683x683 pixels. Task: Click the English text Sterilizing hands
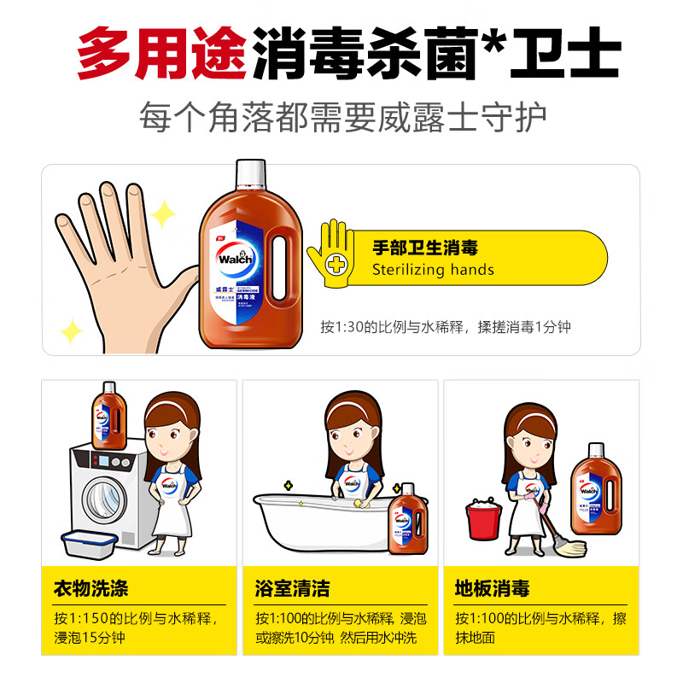coord(433,270)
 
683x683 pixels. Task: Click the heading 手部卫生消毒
coord(424,248)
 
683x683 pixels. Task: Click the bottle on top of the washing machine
coord(108,416)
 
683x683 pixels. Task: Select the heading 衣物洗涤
coord(90,588)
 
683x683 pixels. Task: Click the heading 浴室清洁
coord(291,588)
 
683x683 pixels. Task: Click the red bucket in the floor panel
coord(484,522)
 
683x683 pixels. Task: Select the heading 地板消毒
coord(492,588)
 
